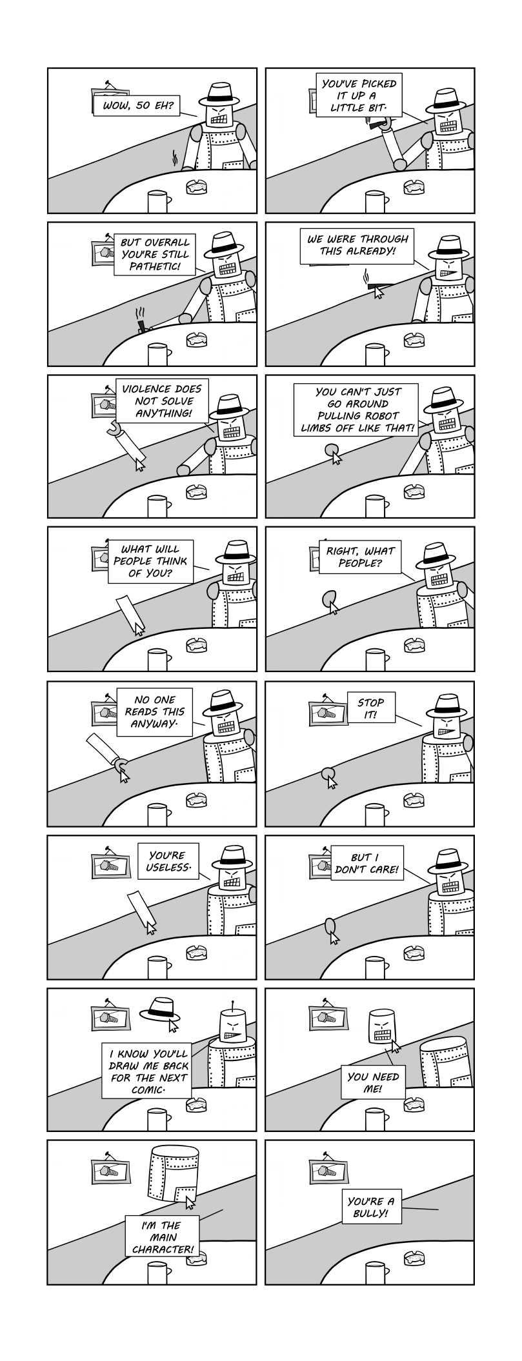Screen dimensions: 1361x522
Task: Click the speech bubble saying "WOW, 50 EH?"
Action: tap(136, 104)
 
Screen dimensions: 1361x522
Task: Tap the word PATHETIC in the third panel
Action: tap(155, 266)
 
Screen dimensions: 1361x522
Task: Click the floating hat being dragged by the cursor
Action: tap(159, 1010)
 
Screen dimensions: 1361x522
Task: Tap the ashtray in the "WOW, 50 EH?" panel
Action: tap(197, 187)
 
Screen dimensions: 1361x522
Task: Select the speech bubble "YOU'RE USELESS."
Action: tap(168, 860)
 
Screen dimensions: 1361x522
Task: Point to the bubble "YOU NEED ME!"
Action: tap(373, 1082)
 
